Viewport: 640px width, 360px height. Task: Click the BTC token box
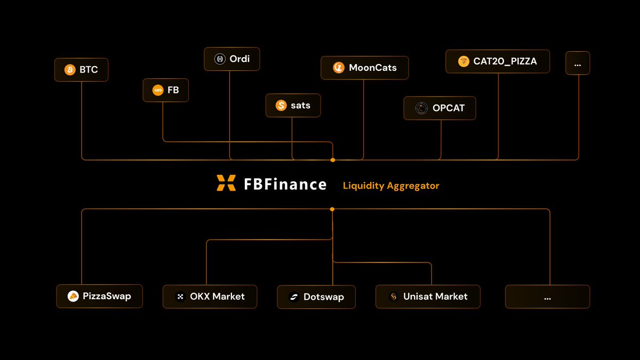coord(81,70)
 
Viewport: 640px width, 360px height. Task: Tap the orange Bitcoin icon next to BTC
coord(70,70)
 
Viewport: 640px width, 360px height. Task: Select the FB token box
coord(165,90)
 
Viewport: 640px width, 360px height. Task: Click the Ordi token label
coord(239,59)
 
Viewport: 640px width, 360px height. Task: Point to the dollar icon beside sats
coord(281,106)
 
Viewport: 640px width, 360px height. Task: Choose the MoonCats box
coord(365,68)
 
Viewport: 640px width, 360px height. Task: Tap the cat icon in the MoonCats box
coord(338,68)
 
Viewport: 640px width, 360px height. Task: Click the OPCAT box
coord(439,108)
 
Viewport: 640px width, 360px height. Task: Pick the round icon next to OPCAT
coord(422,108)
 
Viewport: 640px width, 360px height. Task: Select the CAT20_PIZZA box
coord(498,61)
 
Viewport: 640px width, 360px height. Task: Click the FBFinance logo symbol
coord(226,183)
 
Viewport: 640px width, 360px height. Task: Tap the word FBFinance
coord(285,184)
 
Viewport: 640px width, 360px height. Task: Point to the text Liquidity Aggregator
coord(391,186)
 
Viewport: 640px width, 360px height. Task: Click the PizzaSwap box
coord(100,296)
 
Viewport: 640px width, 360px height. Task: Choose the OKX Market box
coord(210,297)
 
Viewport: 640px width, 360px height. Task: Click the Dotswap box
coord(316,297)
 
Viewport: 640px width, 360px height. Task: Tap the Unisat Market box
coord(428,297)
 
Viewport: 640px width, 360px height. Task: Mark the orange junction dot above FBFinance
coord(333,160)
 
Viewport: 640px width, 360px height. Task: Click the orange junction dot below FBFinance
coord(332,209)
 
